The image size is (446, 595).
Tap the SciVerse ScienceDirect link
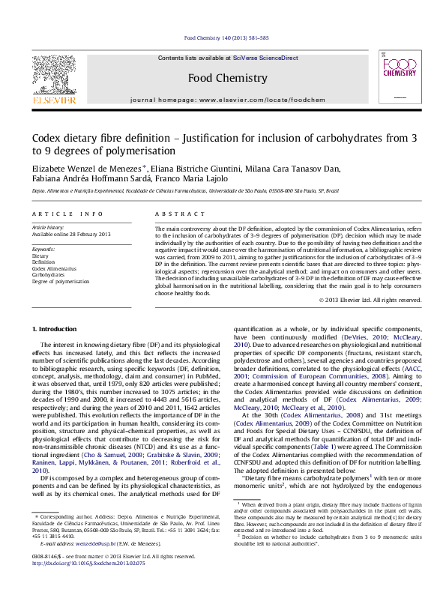pyautogui.click(x=265, y=58)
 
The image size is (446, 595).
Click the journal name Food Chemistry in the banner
pyautogui.click(x=227, y=78)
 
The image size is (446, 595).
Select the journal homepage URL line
pyautogui.click(x=227, y=100)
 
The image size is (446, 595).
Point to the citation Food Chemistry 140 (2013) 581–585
pyautogui.click(x=226, y=37)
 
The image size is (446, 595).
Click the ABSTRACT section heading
pyautogui.click(x=171, y=214)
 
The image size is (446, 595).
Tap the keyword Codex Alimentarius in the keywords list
pyautogui.click(x=54, y=268)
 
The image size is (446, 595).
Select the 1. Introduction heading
pyautogui.click(x=57, y=330)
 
